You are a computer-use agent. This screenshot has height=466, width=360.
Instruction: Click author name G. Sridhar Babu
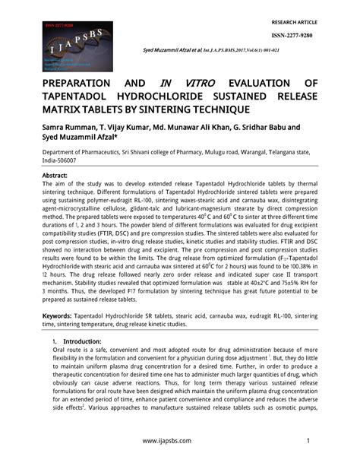click(x=270, y=128)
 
